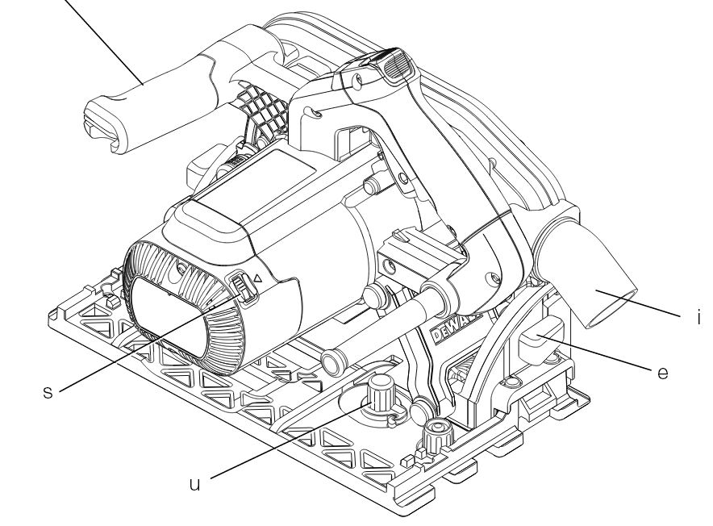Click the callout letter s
coord(48,392)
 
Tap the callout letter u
coord(194,484)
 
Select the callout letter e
coord(663,373)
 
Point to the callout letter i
coord(699,316)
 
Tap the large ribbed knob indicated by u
coord(381,393)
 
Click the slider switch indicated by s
coord(244,289)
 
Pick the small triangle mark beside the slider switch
coord(257,278)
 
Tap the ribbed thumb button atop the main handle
coord(398,65)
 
